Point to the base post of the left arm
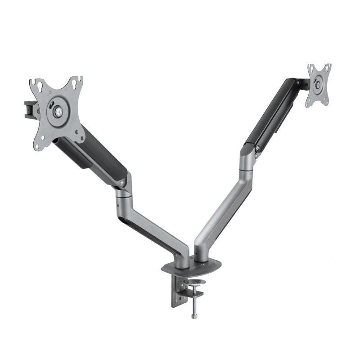[183, 259]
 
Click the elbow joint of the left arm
[122, 193]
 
